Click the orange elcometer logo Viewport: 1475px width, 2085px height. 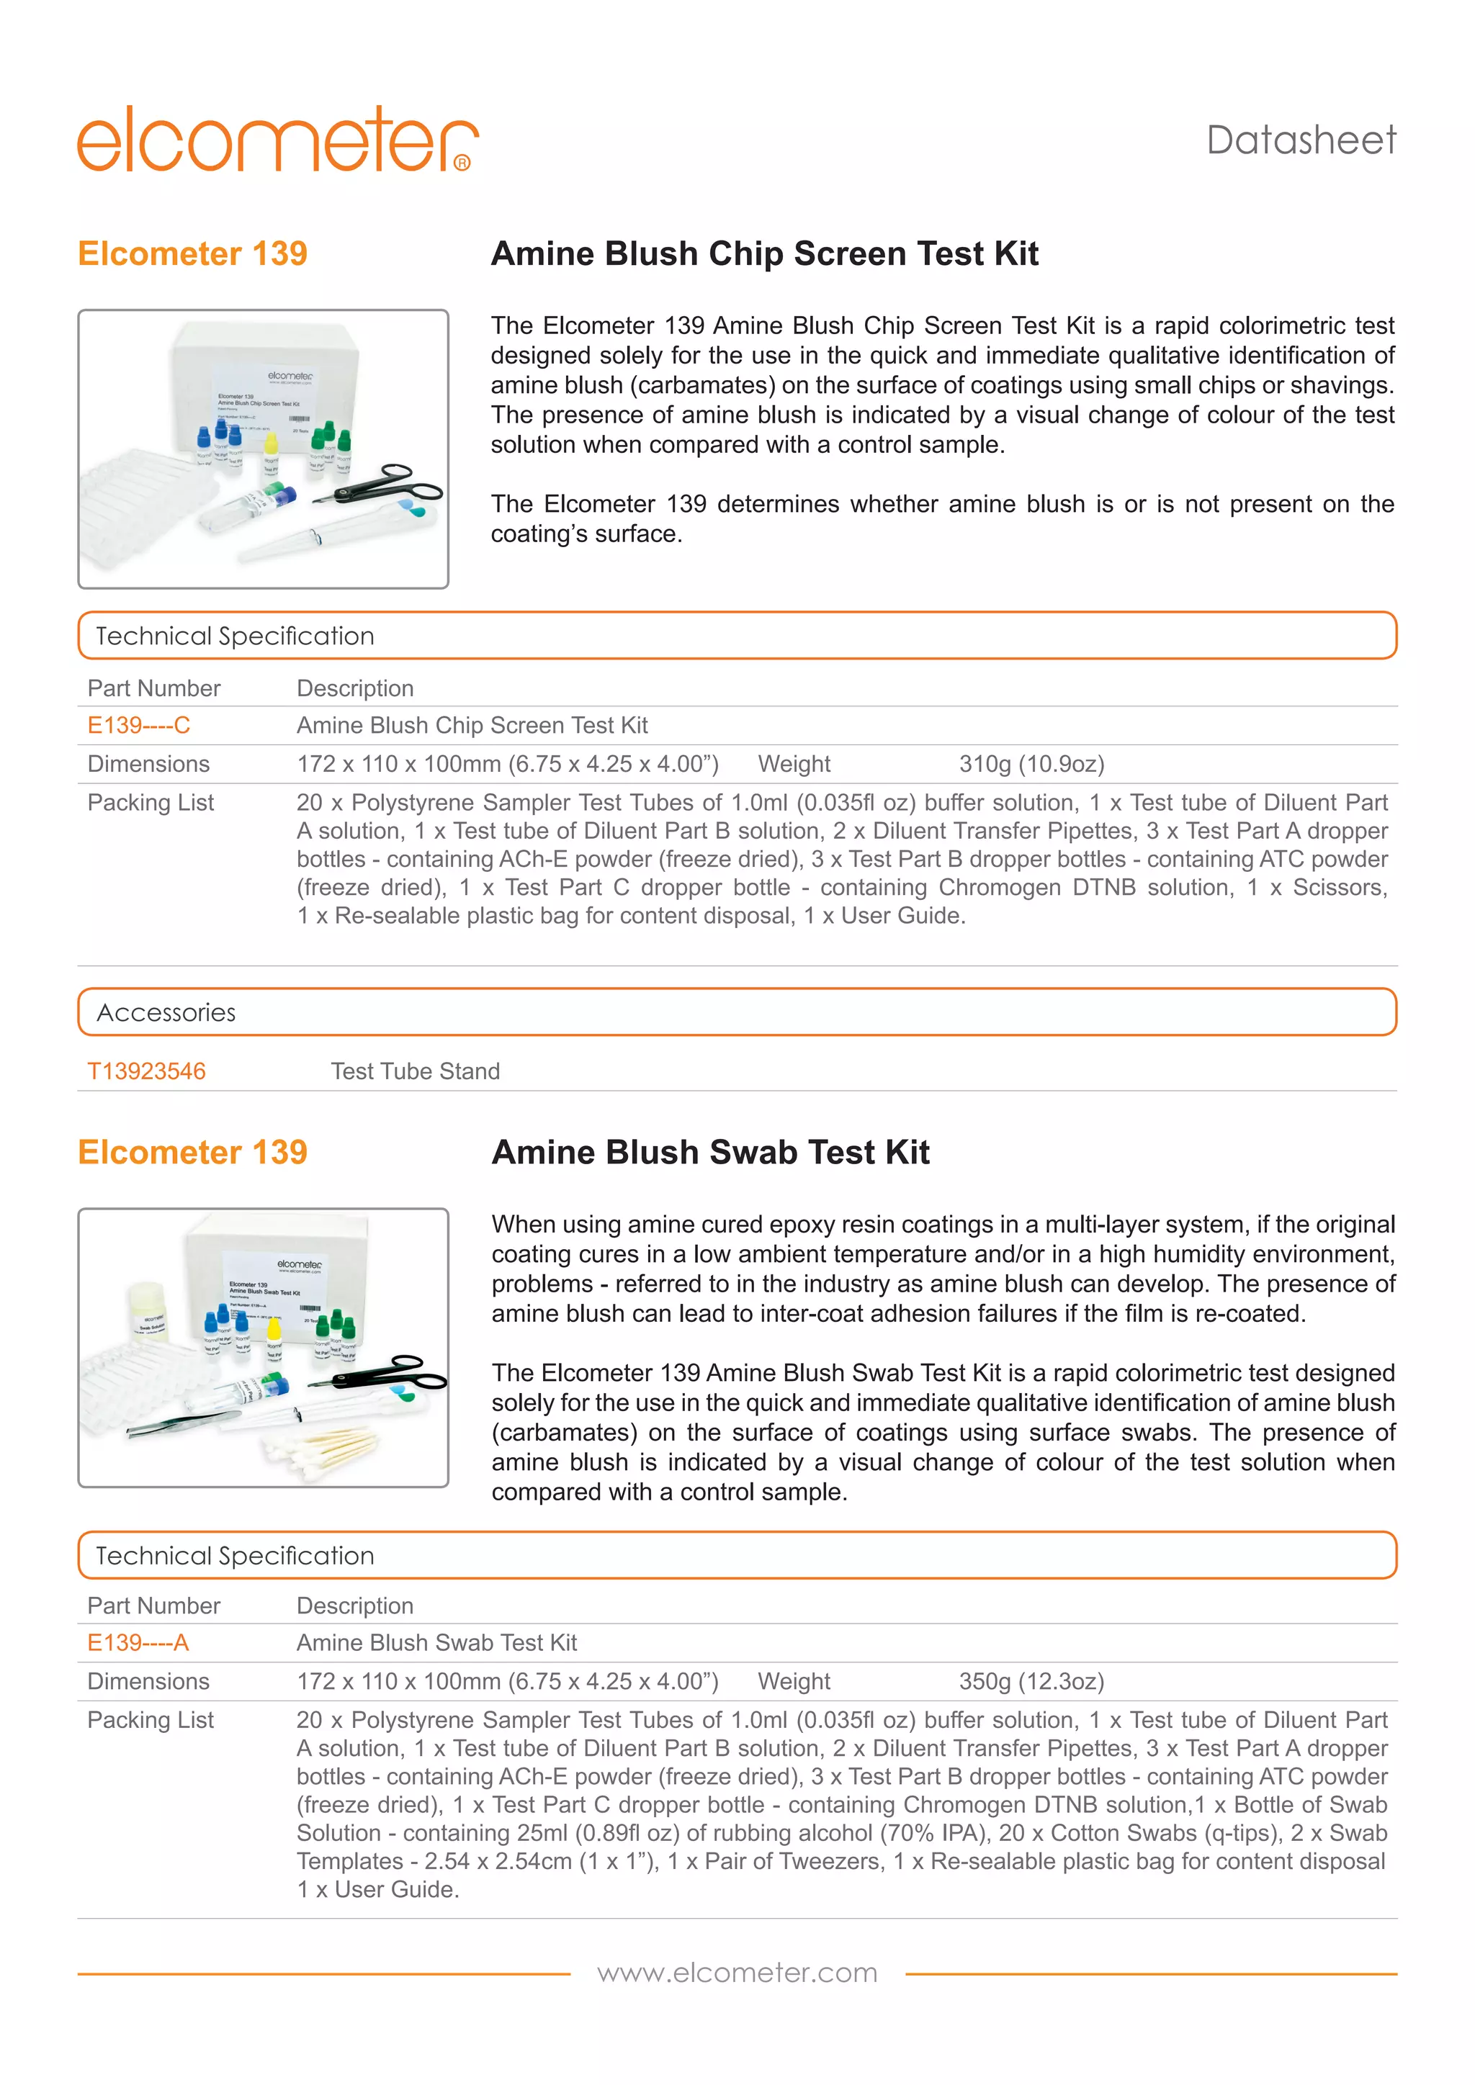coord(277,141)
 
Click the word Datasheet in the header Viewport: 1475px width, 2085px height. coord(1301,141)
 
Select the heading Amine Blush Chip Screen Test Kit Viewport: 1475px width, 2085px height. coord(764,253)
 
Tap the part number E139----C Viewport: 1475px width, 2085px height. coord(138,725)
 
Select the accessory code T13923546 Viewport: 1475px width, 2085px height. coord(146,1071)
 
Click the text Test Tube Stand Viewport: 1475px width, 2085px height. coord(415,1071)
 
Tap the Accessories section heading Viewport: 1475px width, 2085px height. coord(166,1012)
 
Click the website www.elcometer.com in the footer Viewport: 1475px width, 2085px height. coord(737,1973)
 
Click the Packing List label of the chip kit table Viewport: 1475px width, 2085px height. coord(150,802)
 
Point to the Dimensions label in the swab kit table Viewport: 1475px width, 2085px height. coord(148,1681)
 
